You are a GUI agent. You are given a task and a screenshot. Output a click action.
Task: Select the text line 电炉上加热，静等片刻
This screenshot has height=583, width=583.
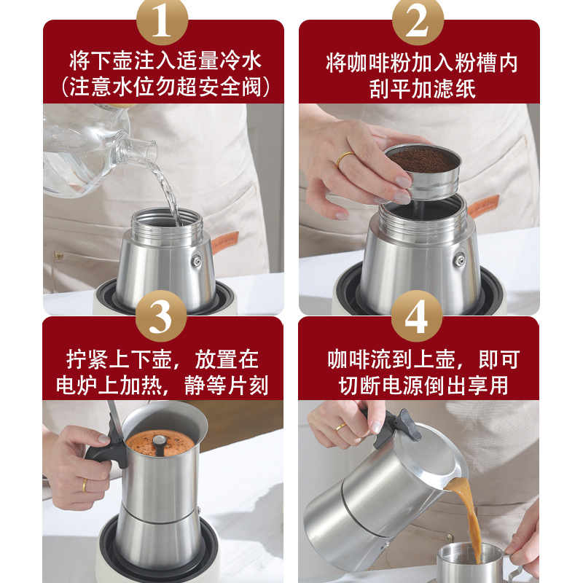pyautogui.click(x=163, y=385)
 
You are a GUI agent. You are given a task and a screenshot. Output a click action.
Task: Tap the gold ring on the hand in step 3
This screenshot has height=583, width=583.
pyautogui.click(x=85, y=485)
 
